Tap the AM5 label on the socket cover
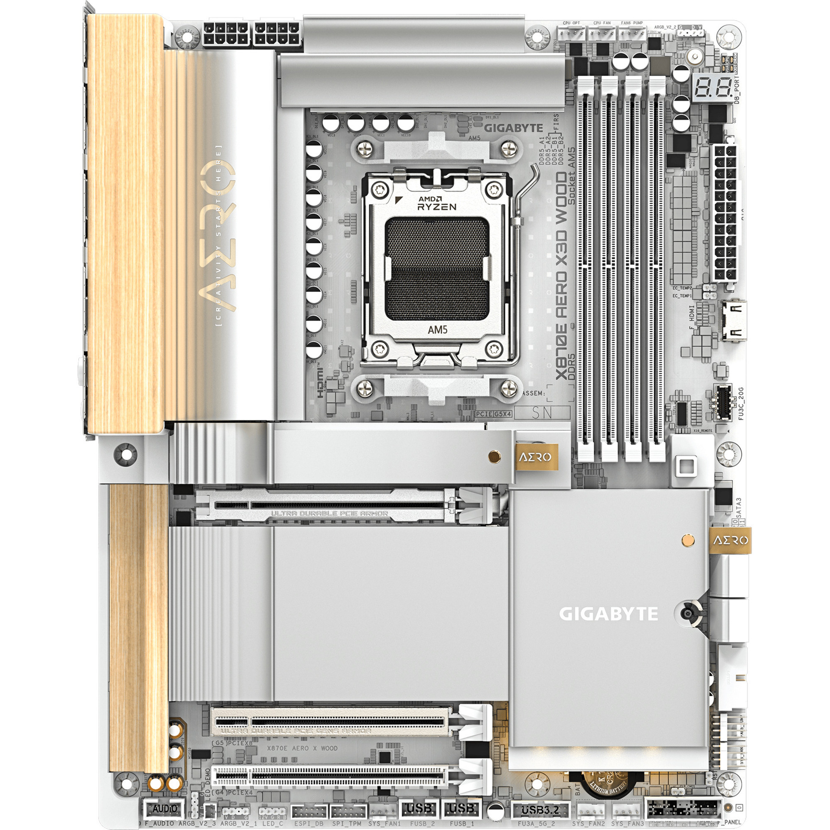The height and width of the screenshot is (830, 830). (x=437, y=329)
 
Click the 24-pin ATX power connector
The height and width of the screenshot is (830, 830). (x=726, y=213)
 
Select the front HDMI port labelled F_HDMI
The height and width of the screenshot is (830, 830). (x=734, y=321)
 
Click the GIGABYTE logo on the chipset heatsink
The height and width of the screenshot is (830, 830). (x=608, y=614)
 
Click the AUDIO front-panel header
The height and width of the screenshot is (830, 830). (x=165, y=808)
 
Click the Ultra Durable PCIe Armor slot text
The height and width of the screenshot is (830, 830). (x=329, y=514)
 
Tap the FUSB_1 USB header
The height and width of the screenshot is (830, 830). (x=461, y=808)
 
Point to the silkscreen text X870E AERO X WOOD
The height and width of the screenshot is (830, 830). (x=302, y=748)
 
